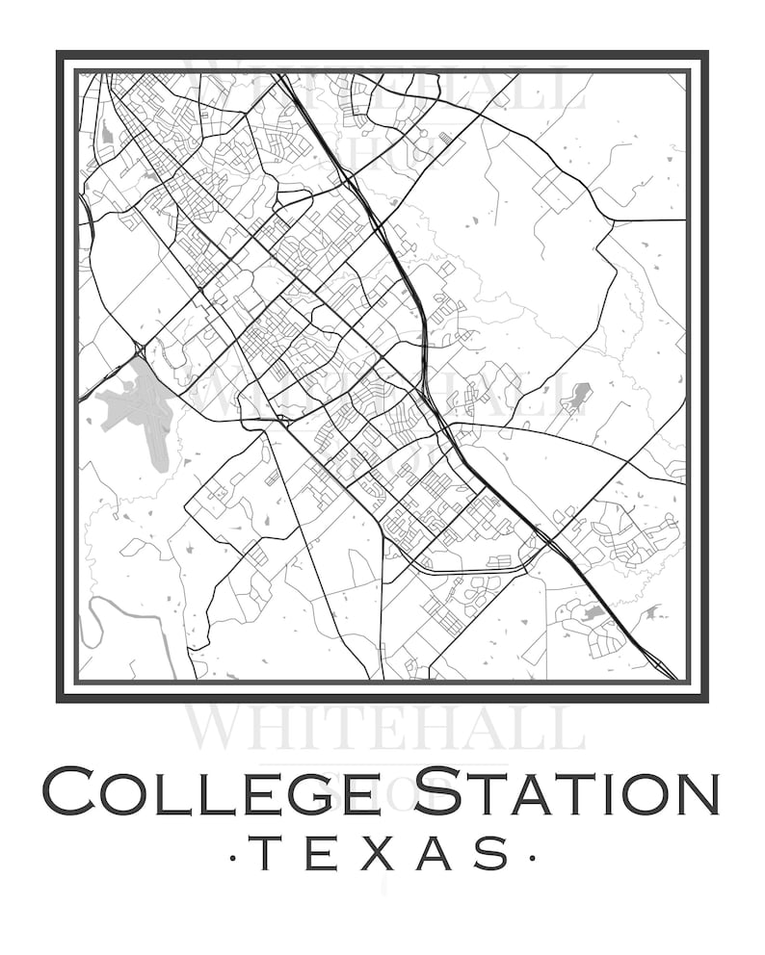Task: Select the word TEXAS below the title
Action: tap(382, 853)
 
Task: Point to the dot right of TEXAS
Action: tap(528, 854)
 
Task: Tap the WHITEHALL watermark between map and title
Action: tap(385, 727)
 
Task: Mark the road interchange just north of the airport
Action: tap(141, 348)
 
